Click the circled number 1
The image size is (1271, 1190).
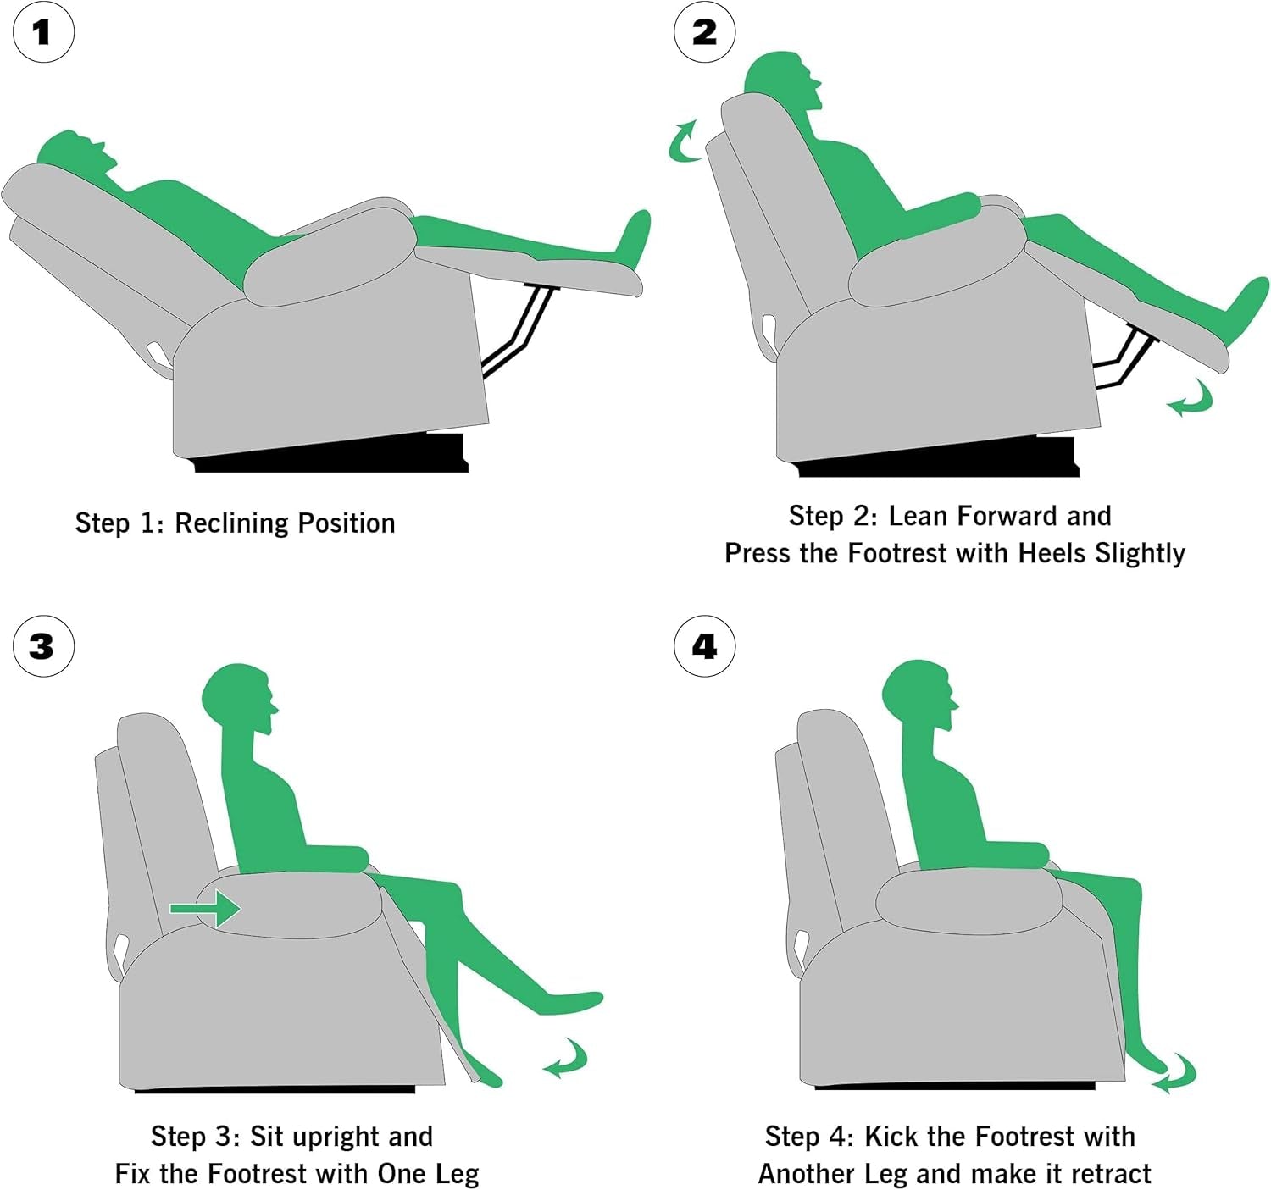(43, 32)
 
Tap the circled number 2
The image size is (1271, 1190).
(705, 32)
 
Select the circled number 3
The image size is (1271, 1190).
(43, 646)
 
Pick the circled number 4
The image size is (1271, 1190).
(705, 646)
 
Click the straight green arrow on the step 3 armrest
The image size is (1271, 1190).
(205, 909)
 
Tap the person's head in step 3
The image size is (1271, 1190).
(239, 699)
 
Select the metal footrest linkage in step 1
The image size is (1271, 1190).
(518, 330)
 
